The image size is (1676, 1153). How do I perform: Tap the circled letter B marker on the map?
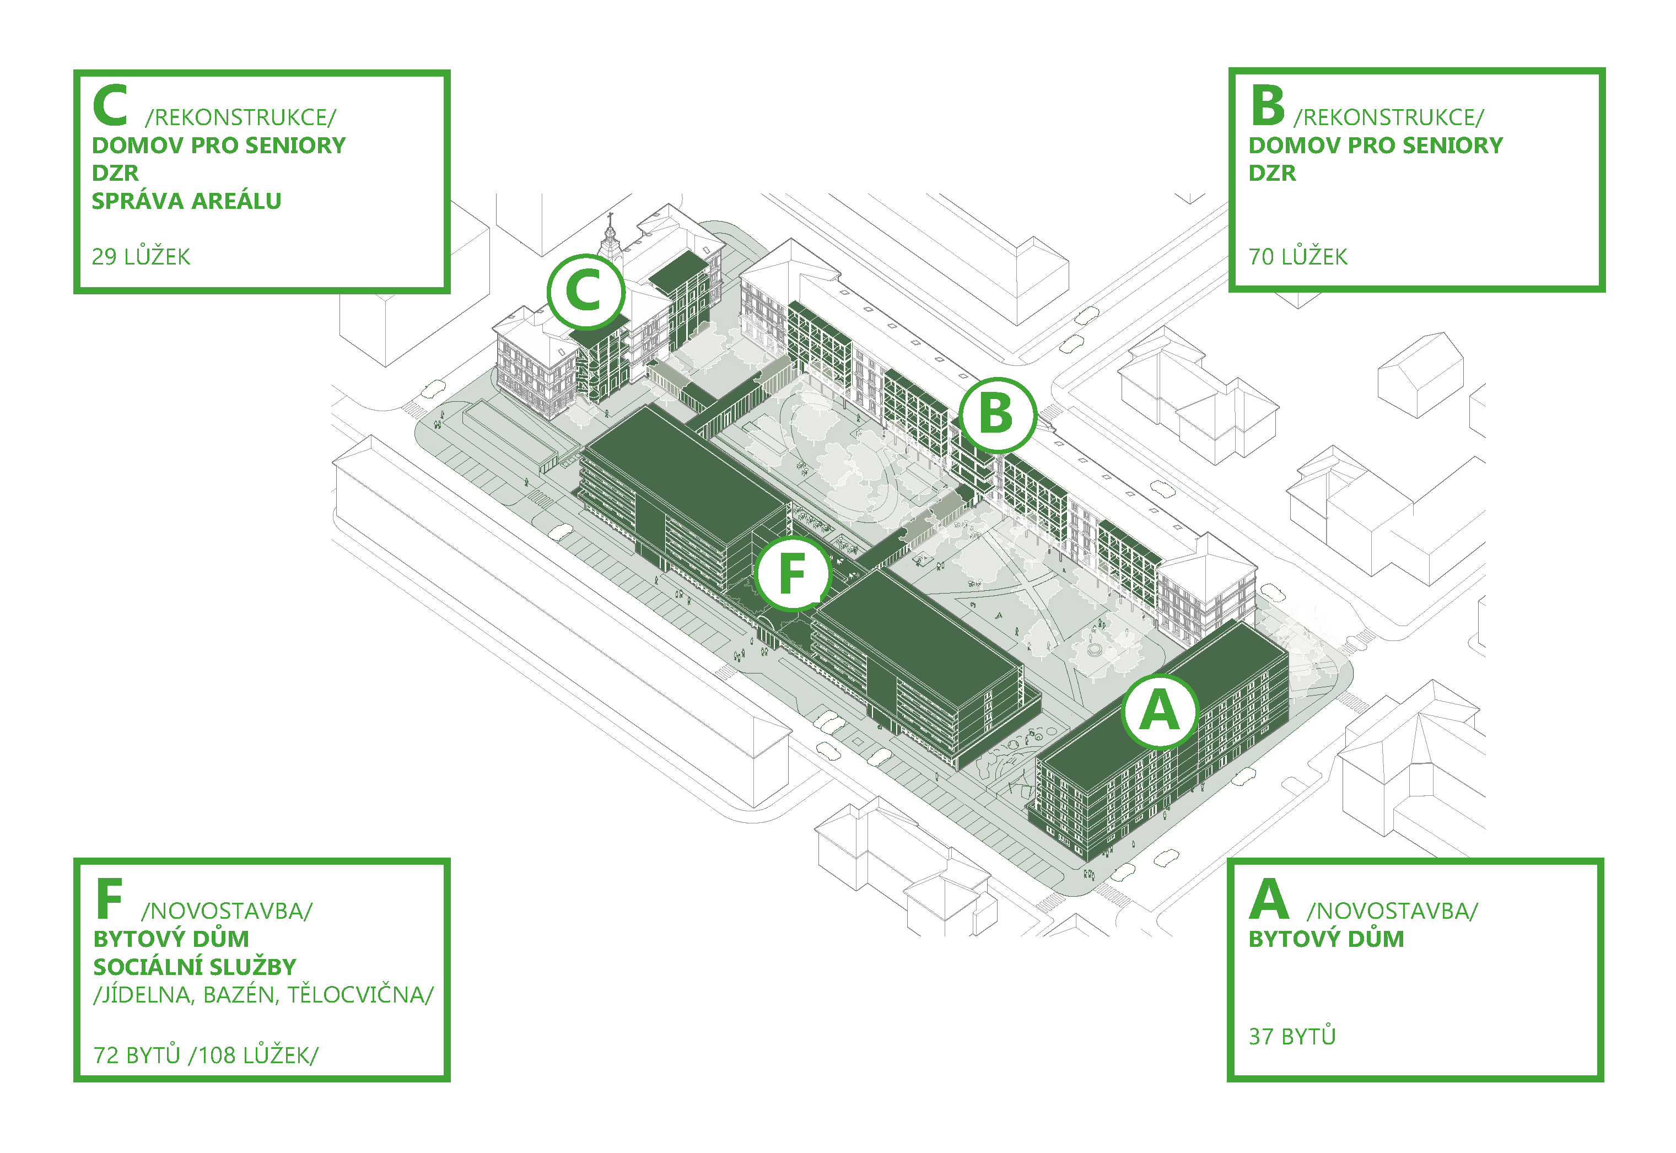(x=997, y=414)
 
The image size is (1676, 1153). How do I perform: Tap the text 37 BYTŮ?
(x=1292, y=1037)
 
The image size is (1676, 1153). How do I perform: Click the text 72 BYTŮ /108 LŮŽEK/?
(x=205, y=1055)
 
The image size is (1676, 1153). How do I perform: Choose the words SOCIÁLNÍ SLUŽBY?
(x=195, y=967)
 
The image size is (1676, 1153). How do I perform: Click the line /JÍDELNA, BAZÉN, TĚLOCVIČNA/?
(x=263, y=995)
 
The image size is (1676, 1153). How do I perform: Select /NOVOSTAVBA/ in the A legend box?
(x=1392, y=911)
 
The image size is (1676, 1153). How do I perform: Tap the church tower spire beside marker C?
(x=611, y=230)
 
